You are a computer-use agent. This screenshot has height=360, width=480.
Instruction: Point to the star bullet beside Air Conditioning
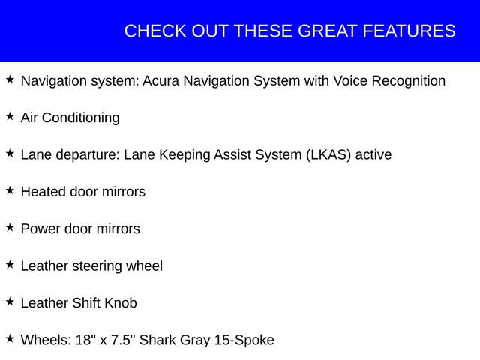[x=10, y=116]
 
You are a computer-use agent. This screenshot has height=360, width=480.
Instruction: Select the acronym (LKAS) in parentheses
[x=327, y=155]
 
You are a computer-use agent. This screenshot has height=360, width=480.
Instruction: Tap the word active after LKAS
[x=373, y=155]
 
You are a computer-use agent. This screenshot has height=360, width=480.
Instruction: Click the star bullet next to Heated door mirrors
[x=10, y=190]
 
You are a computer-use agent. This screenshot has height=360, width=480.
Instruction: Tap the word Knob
[x=120, y=303]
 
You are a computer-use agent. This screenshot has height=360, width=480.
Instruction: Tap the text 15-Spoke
[x=244, y=340]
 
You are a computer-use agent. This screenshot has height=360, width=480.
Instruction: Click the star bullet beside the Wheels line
[x=10, y=338]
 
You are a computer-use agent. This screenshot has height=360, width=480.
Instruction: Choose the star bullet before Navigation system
[x=10, y=79]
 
